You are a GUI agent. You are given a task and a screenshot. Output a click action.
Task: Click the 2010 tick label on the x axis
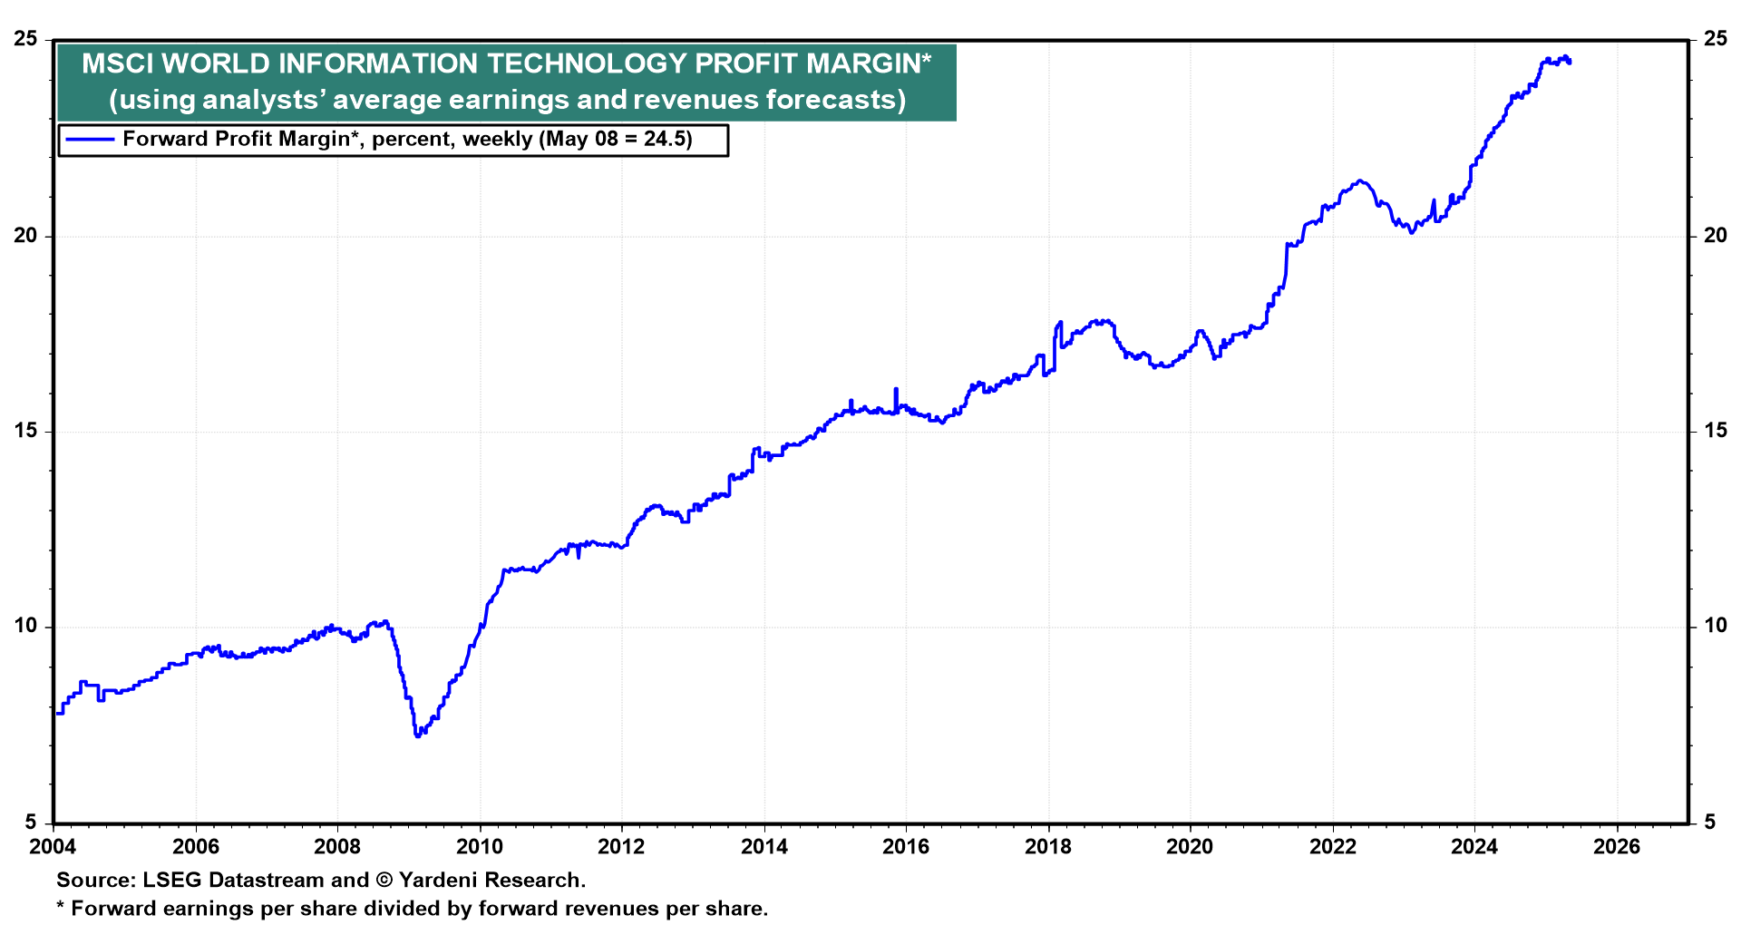point(479,847)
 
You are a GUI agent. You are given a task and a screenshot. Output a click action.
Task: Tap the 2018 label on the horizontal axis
point(1047,847)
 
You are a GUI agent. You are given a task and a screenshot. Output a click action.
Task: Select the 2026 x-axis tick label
point(1616,847)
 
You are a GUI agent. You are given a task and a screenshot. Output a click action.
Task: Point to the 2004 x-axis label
point(53,847)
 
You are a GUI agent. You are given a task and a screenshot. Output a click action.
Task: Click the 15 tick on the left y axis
point(26,431)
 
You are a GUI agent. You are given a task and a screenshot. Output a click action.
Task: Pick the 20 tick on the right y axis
point(1715,236)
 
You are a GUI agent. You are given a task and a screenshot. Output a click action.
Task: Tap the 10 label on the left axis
point(26,626)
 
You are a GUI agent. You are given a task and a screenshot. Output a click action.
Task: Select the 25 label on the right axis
point(1715,39)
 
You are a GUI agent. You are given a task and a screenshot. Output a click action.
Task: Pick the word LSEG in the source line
point(170,880)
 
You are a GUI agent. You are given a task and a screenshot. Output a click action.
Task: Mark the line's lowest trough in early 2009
point(417,735)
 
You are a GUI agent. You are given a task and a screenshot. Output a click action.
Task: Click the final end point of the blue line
point(1569,62)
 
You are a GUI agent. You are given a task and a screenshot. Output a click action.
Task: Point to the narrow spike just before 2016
point(896,389)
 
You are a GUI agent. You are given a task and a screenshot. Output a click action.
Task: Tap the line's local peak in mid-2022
point(1358,181)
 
